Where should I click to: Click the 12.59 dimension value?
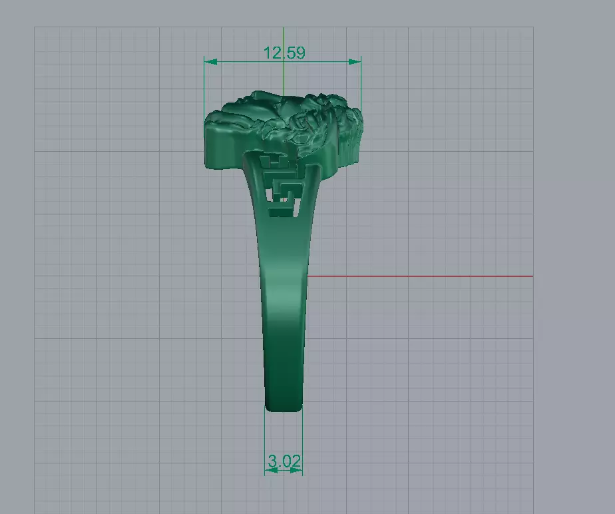(x=284, y=53)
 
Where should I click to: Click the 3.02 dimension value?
(x=284, y=460)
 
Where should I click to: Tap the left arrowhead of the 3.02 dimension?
(x=270, y=470)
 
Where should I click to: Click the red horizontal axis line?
(x=419, y=276)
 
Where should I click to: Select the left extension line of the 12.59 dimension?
(x=204, y=87)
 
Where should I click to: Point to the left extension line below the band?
(x=265, y=439)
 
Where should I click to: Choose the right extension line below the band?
(x=302, y=439)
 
